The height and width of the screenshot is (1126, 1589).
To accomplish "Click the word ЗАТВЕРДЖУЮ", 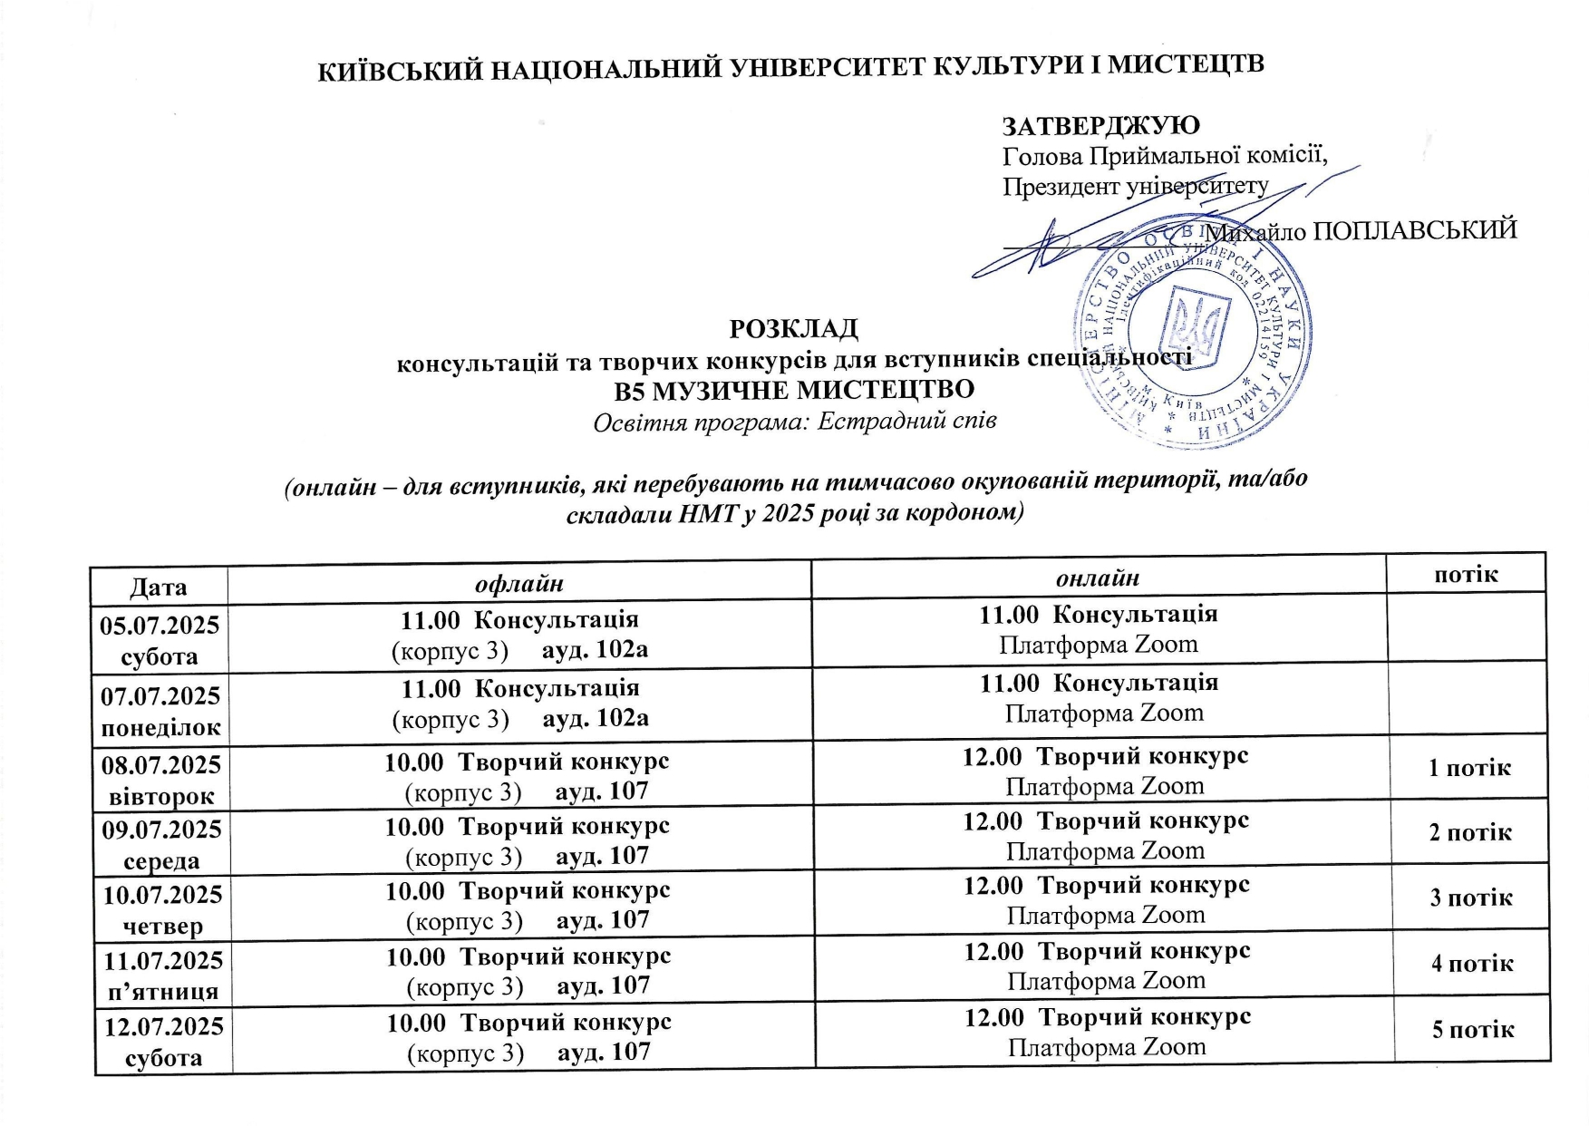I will point(1100,125).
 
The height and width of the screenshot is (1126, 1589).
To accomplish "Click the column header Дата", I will point(159,586).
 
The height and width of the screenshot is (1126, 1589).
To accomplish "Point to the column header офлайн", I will point(519,583).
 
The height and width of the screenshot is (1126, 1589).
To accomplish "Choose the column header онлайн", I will point(1098,578).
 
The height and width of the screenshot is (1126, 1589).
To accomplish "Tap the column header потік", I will point(1466,573).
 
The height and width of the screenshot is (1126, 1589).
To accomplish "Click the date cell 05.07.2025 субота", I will point(160,640).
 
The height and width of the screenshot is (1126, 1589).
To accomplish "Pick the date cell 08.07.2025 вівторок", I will point(161,780).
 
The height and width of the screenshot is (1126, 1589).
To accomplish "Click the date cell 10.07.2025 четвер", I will point(163,909).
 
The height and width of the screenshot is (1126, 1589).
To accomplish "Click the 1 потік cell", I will point(1469,768).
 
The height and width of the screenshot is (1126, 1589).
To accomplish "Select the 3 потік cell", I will point(1471,898).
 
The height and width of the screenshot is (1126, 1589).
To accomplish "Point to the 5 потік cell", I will point(1473,1029).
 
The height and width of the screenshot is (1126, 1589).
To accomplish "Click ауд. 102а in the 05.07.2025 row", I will point(595,650).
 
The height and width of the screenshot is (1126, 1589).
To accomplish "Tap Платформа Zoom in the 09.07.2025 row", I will point(1106,850).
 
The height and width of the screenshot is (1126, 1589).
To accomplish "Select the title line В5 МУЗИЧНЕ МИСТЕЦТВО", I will point(793,390).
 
